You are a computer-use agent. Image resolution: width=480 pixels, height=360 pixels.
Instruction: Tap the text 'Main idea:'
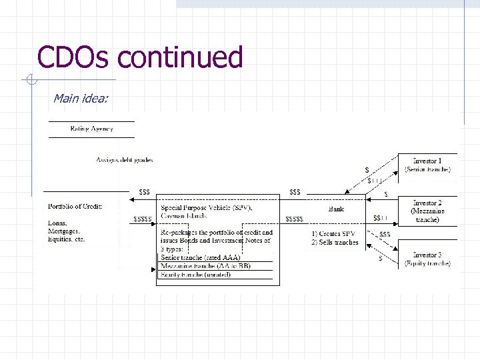pyautogui.click(x=80, y=99)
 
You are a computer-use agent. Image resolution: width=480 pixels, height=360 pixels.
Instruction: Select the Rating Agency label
pyautogui.click(x=92, y=129)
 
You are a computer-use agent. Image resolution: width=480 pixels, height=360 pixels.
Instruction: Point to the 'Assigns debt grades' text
pyautogui.click(x=125, y=160)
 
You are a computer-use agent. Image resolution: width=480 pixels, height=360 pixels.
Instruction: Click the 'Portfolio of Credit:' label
pyautogui.click(x=75, y=206)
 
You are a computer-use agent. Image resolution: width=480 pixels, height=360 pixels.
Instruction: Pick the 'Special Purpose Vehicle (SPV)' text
pyautogui.click(x=206, y=208)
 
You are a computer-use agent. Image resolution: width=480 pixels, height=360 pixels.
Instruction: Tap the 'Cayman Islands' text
pyautogui.click(x=184, y=216)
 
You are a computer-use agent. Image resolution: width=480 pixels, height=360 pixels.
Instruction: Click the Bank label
pyautogui.click(x=337, y=209)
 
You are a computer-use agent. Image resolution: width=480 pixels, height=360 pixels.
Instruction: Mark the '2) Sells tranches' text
pyautogui.click(x=335, y=242)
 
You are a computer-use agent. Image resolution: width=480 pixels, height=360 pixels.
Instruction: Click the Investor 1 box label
pyautogui.click(x=427, y=161)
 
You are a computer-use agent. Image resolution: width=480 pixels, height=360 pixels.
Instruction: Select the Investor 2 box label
pyautogui.click(x=427, y=203)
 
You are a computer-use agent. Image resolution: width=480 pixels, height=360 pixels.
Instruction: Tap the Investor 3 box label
pyautogui.click(x=427, y=255)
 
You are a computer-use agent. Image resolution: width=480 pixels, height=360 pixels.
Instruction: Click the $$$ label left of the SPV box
pyautogui.click(x=144, y=192)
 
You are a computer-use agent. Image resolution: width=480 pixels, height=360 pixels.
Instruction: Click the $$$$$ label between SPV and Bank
pyautogui.click(x=294, y=219)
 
